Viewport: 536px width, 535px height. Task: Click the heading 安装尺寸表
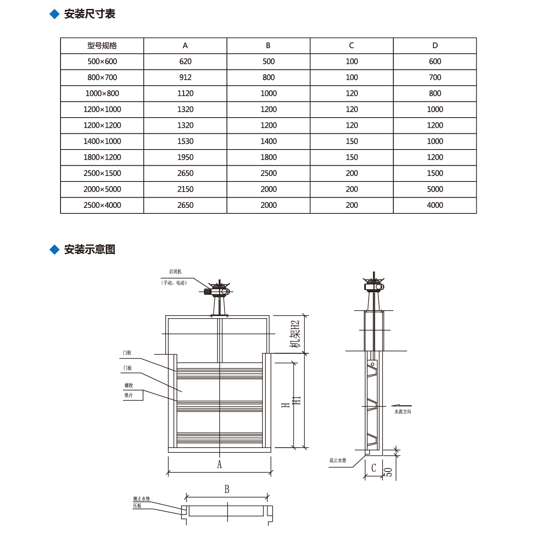coord(89,14)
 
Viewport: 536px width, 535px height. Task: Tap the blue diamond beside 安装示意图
coord(55,250)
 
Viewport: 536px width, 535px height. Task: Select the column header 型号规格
coord(102,46)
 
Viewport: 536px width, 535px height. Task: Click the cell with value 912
coord(185,78)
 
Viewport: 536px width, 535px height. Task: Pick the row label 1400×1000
coord(102,141)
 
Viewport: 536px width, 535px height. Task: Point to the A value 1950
coord(185,157)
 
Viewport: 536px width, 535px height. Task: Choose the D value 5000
coord(435,189)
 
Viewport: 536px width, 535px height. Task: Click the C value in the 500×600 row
coord(352,61)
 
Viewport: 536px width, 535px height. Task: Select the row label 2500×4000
coord(102,205)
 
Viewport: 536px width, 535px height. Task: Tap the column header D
coord(435,46)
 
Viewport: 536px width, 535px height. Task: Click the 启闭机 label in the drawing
coord(175,272)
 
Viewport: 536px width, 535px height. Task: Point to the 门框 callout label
coord(127,353)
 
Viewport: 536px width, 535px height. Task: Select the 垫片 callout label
coord(129,395)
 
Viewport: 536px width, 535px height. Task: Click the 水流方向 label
coord(403,411)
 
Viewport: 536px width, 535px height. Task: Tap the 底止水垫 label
coord(337,460)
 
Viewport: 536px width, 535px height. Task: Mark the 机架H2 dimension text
coord(295,334)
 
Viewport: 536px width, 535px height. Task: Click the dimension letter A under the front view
coord(219,464)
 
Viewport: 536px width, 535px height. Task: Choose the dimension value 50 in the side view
coord(389,472)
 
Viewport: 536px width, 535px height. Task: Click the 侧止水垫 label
coord(141,499)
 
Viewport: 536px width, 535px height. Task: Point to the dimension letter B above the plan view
coord(227,489)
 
